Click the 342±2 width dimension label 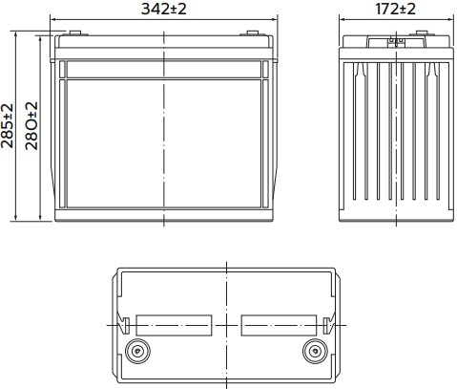tap(163, 9)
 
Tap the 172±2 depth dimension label tap(395, 9)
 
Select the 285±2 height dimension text tap(8, 126)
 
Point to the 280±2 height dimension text tap(31, 126)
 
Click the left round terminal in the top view tap(137, 351)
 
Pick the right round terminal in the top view tap(315, 351)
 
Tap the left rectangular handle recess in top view tap(174, 325)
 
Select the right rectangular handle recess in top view tap(279, 325)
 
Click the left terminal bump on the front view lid tap(75, 32)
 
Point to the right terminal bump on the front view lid tap(253, 32)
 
